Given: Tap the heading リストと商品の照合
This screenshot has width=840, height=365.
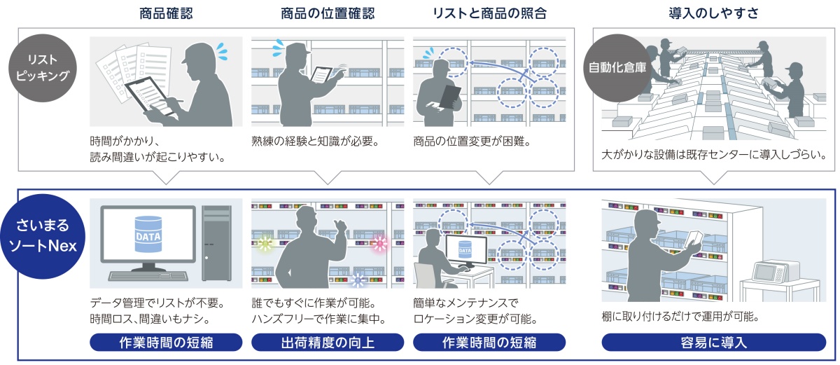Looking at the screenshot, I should [x=489, y=13].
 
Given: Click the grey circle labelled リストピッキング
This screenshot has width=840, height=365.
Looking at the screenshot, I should [x=44, y=67].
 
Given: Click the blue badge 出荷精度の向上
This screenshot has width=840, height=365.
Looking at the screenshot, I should [x=328, y=343].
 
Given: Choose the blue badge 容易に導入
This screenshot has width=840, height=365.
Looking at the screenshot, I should [x=713, y=343].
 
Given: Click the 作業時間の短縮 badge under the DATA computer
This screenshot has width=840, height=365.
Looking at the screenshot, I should [x=166, y=343].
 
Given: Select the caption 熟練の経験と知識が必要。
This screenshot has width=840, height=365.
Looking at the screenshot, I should [x=315, y=141].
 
